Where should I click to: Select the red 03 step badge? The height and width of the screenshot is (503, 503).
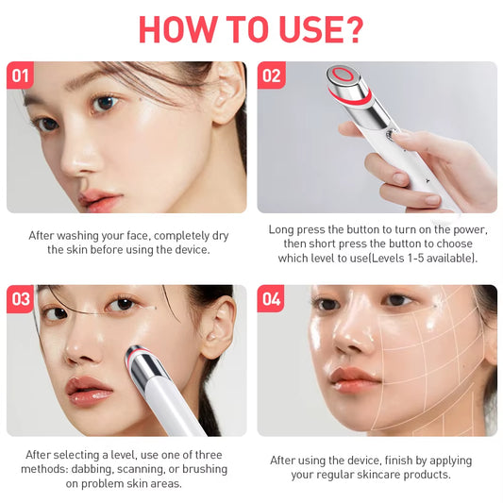pos(20,299)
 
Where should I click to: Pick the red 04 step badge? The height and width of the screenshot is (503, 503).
pos(271,299)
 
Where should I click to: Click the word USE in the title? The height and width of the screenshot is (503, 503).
pos(301,29)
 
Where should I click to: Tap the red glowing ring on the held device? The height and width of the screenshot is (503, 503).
pos(341,75)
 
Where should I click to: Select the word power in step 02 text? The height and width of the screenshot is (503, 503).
pos(464,229)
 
